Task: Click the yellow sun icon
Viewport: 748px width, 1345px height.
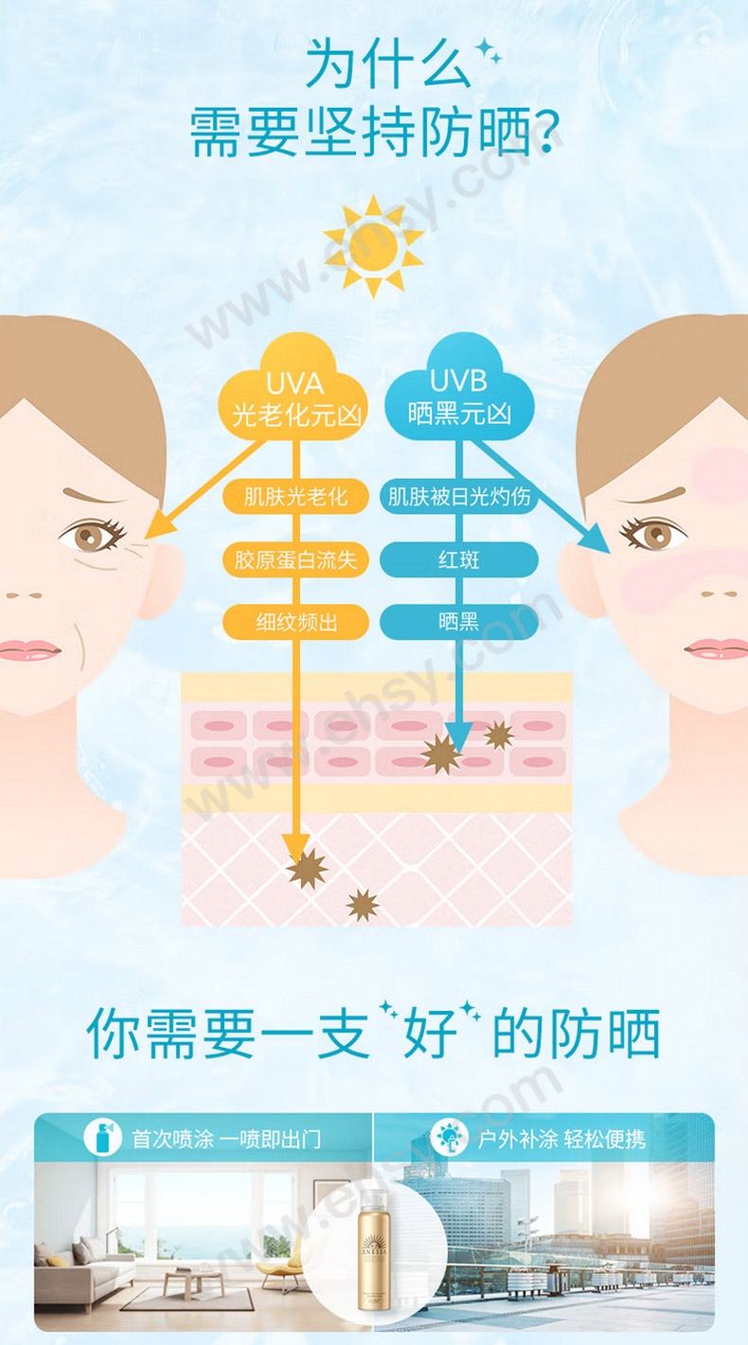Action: (x=373, y=245)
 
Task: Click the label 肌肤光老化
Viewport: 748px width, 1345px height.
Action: (x=295, y=496)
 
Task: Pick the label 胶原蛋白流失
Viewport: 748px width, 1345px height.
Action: (x=295, y=559)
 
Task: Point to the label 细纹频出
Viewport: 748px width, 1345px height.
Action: (x=295, y=622)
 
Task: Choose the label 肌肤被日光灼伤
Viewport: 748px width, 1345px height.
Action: (x=459, y=496)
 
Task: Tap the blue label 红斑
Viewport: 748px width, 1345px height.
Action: (x=459, y=559)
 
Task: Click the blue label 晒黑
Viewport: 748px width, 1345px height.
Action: (x=459, y=622)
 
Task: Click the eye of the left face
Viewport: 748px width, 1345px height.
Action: (x=91, y=537)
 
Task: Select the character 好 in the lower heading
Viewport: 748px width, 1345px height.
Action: (x=430, y=1034)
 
